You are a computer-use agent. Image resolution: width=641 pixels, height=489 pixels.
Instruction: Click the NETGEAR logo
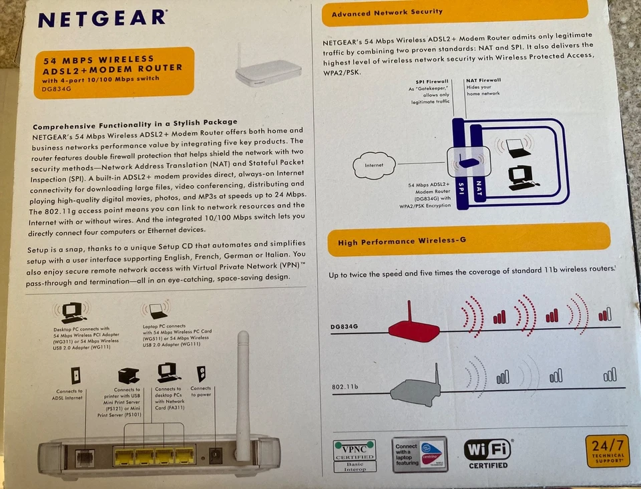101,18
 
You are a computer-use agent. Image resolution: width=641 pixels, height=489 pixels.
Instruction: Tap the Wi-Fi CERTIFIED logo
487,454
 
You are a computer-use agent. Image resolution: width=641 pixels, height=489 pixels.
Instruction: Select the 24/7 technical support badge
607,451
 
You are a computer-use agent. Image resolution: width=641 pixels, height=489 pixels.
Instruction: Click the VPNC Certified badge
355,454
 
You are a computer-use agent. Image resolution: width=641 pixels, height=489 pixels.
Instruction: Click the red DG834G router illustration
414,327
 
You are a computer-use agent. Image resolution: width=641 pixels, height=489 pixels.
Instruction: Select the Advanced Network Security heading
387,11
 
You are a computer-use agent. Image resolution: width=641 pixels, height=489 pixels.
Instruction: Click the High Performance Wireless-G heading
401,241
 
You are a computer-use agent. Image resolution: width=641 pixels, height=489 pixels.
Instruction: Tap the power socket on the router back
216,456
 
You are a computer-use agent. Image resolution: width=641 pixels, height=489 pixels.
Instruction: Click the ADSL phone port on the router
84,458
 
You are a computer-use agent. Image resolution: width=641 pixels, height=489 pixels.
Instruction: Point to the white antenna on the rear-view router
243,394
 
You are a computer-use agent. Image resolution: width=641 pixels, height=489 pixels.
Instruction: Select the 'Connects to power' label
200,391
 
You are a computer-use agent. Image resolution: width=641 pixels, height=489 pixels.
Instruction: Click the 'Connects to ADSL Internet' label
70,394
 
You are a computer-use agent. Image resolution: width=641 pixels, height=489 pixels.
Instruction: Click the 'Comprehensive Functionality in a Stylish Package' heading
135,122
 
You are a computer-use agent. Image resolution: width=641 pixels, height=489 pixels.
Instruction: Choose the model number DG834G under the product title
56,89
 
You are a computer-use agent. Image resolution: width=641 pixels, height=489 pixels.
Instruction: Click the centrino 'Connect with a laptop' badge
419,454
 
